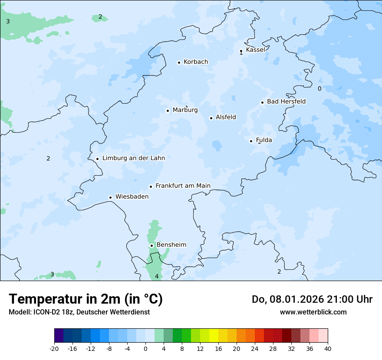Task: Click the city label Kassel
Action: pos(255,50)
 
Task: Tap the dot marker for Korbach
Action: pos(179,62)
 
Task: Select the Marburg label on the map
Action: pos(185,110)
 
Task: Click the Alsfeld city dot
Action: pos(211,118)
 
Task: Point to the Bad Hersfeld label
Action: pos(286,101)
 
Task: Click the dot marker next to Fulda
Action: pos(251,141)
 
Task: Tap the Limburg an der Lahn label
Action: pos(133,158)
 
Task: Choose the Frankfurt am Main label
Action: pos(183,186)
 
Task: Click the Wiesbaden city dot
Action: pos(111,197)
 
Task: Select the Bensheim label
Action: pos(171,245)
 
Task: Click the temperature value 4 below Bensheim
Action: pos(157,276)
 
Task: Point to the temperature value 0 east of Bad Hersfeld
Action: pos(319,88)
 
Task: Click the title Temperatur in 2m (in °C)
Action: pos(86,299)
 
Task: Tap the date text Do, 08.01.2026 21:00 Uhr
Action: pos(312,299)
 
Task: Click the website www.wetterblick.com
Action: pos(313,312)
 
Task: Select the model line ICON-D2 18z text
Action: pos(79,312)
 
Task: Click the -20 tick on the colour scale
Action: pos(54,348)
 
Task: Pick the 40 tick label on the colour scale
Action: pos(327,348)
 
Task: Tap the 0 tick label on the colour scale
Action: pos(145,348)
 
